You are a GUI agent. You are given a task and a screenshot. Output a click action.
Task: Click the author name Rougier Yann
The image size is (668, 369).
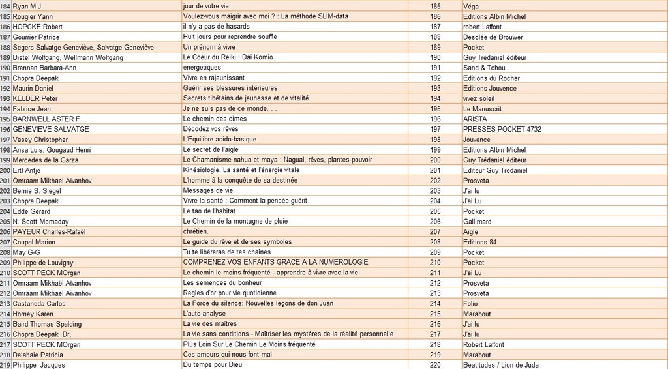(32, 16)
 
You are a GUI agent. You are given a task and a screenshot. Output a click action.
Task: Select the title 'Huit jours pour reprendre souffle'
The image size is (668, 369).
(230, 37)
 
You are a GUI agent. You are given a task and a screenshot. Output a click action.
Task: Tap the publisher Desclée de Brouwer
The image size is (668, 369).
(493, 37)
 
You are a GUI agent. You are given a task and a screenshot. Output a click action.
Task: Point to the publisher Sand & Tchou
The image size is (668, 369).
(484, 68)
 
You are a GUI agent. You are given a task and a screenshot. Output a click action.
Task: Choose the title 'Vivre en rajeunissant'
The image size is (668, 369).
(214, 78)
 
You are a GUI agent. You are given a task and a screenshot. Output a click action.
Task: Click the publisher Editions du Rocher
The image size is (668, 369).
(491, 78)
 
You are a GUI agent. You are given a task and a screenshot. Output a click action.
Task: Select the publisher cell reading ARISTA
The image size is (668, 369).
(475, 119)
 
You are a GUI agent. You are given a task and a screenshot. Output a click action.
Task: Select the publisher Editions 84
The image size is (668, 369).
(479, 242)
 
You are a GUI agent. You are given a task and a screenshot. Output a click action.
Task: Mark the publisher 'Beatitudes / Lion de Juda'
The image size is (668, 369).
(500, 365)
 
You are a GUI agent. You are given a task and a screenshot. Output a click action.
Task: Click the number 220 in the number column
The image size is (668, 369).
(435, 365)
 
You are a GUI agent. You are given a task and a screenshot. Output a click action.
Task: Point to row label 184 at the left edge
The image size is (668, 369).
(5, 6)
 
